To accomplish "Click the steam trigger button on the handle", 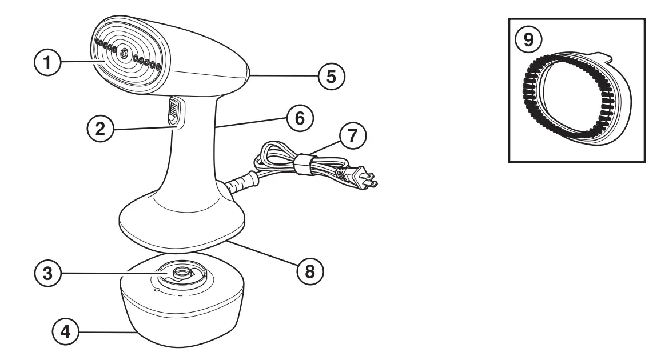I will point(174,111).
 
